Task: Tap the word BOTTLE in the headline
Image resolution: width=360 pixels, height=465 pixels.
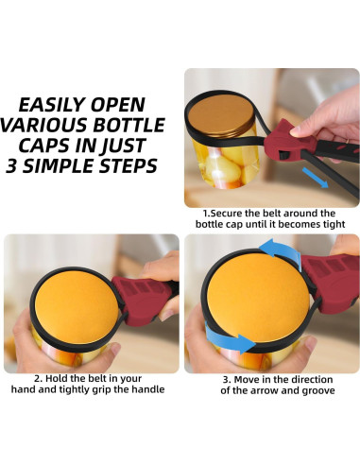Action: pyautogui.click(x=129, y=125)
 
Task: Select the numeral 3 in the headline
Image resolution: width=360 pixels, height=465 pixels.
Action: pyautogui.click(x=11, y=166)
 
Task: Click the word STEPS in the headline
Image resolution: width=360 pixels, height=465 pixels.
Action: pyautogui.click(x=128, y=166)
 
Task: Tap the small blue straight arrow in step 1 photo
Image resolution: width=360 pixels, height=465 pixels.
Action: pyautogui.click(x=315, y=178)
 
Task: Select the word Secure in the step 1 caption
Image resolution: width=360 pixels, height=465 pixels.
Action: pyautogui.click(x=227, y=214)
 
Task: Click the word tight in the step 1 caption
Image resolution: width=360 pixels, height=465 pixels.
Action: pyautogui.click(x=334, y=225)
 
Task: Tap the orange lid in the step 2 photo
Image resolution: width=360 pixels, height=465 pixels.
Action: pyautogui.click(x=77, y=309)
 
